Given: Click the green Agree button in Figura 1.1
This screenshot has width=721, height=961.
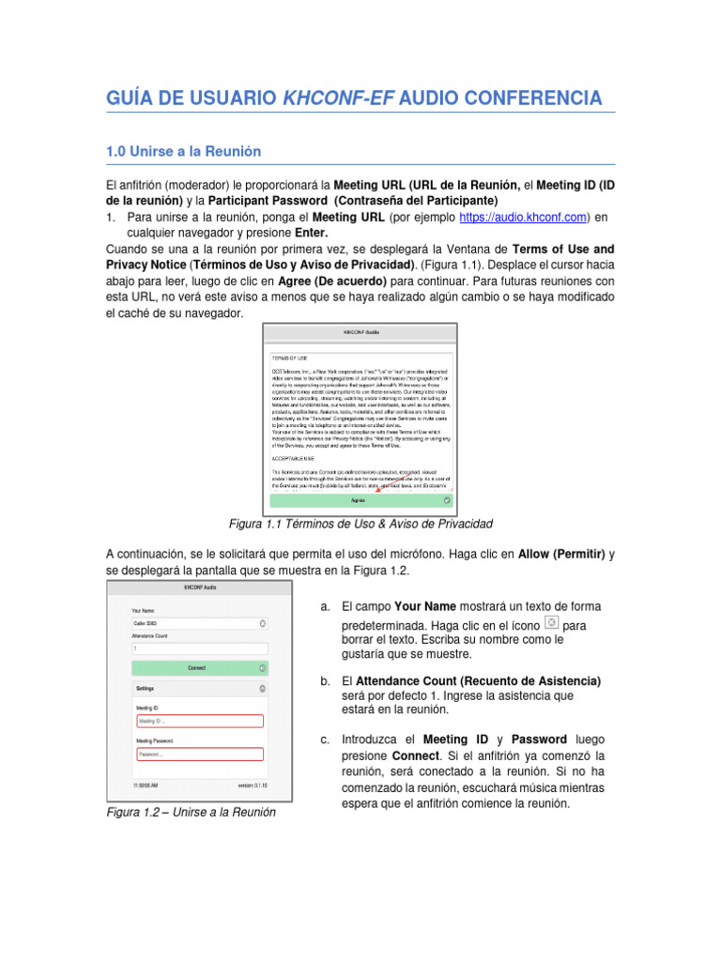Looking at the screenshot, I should point(358,501).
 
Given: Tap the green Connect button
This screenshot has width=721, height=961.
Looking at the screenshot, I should point(197,668).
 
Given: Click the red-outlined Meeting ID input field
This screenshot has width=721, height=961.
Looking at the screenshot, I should point(199,721).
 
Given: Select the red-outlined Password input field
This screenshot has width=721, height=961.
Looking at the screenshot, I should point(199,754).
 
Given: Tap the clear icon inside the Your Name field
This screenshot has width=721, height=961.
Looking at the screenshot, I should point(263,623).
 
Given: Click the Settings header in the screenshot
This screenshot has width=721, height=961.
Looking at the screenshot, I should point(146,689).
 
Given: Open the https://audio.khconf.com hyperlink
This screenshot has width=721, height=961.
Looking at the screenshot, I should point(523,217).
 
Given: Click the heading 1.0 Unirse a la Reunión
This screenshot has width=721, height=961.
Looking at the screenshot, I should point(183,151).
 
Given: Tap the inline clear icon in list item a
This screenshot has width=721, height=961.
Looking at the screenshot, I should point(552,623).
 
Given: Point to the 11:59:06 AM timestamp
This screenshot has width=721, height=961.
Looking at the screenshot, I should point(145,785).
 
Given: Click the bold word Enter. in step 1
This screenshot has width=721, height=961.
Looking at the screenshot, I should point(310,232).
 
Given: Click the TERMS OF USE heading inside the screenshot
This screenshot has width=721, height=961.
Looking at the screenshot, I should point(291,358).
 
